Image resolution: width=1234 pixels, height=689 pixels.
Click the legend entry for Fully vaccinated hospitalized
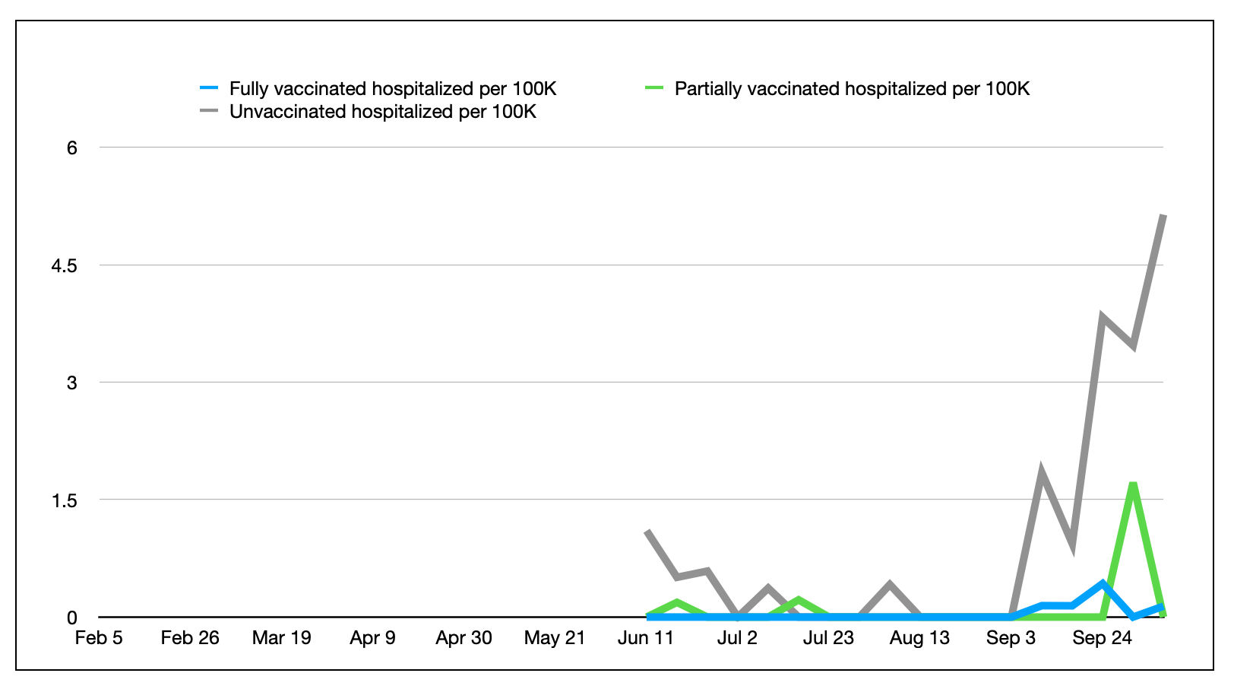[x=392, y=89]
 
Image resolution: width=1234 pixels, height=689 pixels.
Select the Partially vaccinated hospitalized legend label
[x=852, y=89]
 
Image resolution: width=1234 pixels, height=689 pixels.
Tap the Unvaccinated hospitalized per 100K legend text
[x=382, y=112]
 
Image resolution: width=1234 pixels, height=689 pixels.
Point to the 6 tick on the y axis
[x=72, y=148]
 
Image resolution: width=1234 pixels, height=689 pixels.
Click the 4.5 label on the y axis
[x=64, y=265]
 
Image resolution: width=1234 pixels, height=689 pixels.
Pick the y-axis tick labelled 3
[x=72, y=383]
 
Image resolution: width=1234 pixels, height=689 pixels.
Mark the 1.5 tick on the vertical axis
[x=64, y=500]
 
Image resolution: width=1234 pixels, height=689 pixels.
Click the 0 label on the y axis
[x=72, y=618]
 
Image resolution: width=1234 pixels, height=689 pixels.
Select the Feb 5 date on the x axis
[x=99, y=638]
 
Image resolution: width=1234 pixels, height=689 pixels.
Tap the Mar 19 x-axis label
[x=281, y=638]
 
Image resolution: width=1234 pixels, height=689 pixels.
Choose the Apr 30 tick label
[x=464, y=638]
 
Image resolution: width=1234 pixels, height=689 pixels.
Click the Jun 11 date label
[x=646, y=638]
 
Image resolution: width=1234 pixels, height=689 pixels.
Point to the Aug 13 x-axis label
[x=919, y=638]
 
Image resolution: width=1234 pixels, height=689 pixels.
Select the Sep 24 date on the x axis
[x=1102, y=638]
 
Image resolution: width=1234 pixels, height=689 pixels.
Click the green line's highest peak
[x=1133, y=484]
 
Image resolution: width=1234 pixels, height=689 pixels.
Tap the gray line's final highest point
[x=1163, y=216]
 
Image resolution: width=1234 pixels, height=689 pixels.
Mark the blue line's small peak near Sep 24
[x=1102, y=584]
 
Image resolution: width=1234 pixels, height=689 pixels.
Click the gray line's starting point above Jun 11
[x=647, y=531]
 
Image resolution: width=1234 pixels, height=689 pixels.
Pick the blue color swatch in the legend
[x=209, y=88]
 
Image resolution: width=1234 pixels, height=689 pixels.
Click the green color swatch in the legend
[x=654, y=88]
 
